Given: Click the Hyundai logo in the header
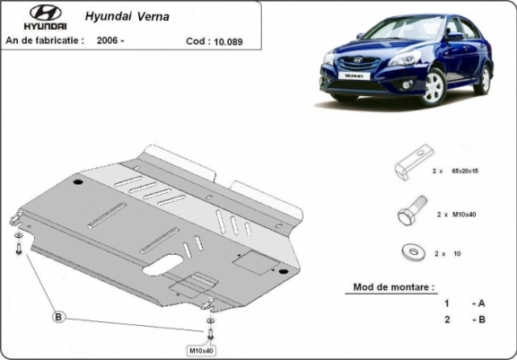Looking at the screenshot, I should (x=36, y=18).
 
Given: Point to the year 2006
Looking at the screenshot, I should (x=112, y=40).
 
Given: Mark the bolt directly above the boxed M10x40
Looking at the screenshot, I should (x=210, y=331).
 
